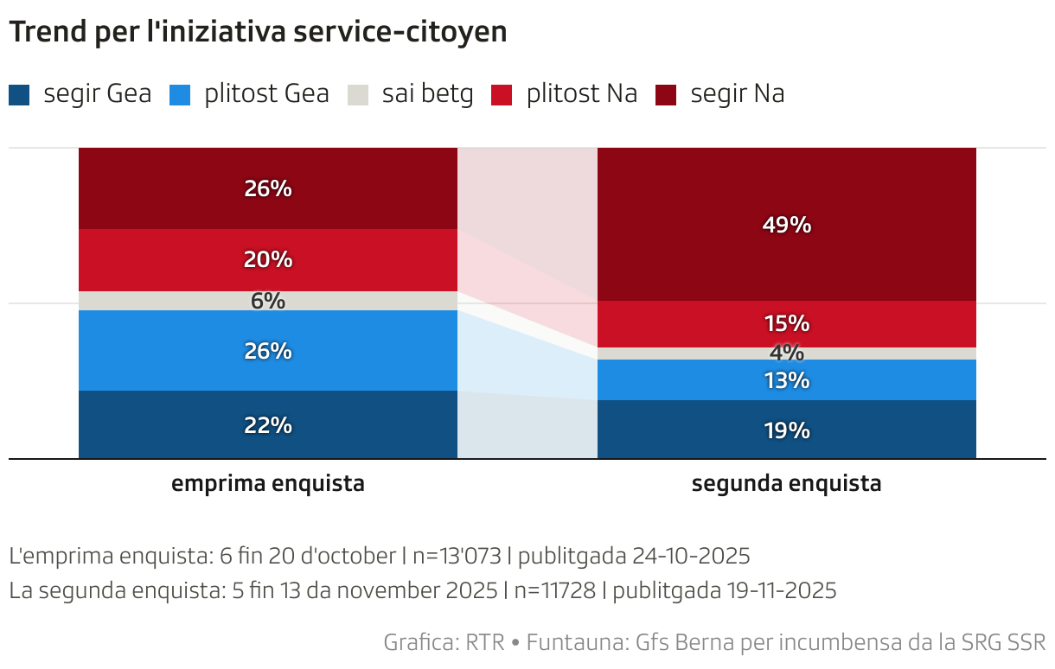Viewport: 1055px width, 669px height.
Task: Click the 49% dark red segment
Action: coord(786,225)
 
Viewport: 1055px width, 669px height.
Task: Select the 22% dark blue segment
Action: coord(267,425)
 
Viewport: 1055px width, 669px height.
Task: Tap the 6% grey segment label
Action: coord(267,301)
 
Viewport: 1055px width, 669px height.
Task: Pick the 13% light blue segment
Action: coord(786,380)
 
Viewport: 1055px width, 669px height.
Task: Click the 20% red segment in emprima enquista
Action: coord(267,259)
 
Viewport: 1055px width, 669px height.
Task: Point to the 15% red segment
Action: coord(786,324)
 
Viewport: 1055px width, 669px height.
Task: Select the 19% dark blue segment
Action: coord(786,430)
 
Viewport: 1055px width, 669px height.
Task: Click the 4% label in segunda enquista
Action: coord(786,354)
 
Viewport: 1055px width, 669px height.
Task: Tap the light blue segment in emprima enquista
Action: coord(267,351)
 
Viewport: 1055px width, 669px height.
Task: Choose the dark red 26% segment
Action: coord(267,188)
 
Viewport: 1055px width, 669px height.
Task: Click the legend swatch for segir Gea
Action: coord(19,94)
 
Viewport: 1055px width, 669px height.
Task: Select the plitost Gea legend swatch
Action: coord(180,94)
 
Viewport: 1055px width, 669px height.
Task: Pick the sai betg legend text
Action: coord(427,94)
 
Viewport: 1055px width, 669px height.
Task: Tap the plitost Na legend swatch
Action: coord(502,94)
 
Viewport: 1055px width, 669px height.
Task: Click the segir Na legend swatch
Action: coord(666,94)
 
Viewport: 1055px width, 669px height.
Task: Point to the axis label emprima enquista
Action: coord(267,484)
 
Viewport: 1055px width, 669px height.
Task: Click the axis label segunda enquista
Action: coord(786,484)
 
